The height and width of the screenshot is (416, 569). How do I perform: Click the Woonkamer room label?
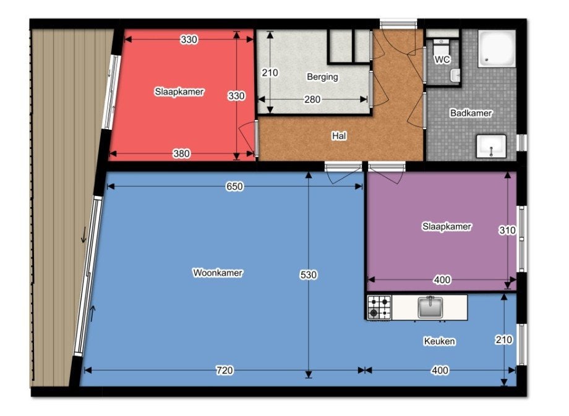pyautogui.click(x=217, y=273)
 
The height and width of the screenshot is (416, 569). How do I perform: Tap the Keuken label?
pyautogui.click(x=440, y=341)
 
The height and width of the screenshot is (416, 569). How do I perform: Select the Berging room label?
pyautogui.click(x=322, y=77)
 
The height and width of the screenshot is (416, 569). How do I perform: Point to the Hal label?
pyautogui.click(x=339, y=136)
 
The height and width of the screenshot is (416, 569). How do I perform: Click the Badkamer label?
pyautogui.click(x=471, y=113)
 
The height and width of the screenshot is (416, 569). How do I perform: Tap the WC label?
pyautogui.click(x=442, y=59)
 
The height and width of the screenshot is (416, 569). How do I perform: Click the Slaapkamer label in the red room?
pyautogui.click(x=179, y=91)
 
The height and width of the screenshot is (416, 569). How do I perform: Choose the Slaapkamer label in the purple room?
pyautogui.click(x=447, y=227)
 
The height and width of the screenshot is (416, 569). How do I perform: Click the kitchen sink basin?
pyautogui.click(x=430, y=307)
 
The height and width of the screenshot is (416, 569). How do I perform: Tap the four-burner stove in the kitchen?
pyautogui.click(x=379, y=308)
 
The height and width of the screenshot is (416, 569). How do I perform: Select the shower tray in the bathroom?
pyautogui.click(x=497, y=49)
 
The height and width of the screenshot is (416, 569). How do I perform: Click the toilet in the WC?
pyautogui.click(x=441, y=47)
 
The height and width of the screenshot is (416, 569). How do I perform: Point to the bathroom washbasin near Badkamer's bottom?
pyautogui.click(x=491, y=146)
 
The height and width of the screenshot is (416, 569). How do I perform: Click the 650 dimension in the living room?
pyautogui.click(x=234, y=187)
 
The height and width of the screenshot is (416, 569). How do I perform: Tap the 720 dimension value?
pyautogui.click(x=225, y=370)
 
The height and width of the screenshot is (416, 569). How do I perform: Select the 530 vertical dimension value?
pyautogui.click(x=309, y=275)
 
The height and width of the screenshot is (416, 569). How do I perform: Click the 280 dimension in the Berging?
pyautogui.click(x=312, y=100)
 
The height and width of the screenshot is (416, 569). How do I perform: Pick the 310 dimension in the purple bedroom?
pyautogui.click(x=507, y=231)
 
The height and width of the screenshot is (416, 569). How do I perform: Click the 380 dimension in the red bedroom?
pyautogui.click(x=181, y=154)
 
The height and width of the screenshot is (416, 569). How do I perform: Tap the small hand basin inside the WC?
pyautogui.click(x=455, y=75)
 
